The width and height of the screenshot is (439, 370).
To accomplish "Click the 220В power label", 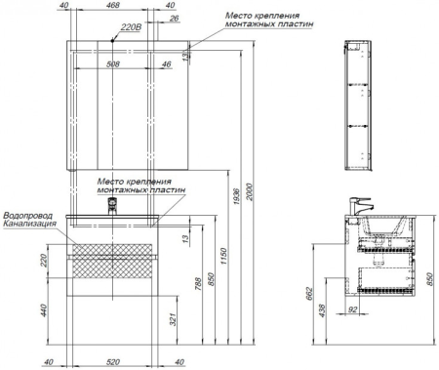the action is pyautogui.click(x=131, y=27).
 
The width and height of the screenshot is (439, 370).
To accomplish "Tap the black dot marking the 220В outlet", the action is pyautogui.click(x=112, y=40).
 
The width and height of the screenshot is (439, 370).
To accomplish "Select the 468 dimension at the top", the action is pyautogui.click(x=113, y=5).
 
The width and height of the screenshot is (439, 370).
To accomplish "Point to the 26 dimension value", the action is pyautogui.click(x=175, y=18).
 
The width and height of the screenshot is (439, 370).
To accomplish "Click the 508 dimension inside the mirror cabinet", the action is pyautogui.click(x=113, y=64).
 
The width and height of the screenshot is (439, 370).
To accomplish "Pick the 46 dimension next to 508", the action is pyautogui.click(x=166, y=64).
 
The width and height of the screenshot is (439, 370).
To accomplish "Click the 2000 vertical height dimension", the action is pyautogui.click(x=250, y=192).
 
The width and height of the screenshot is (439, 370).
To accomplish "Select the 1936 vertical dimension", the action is pyautogui.click(x=237, y=196).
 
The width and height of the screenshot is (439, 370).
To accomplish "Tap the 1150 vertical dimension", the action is pyautogui.click(x=223, y=256).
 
